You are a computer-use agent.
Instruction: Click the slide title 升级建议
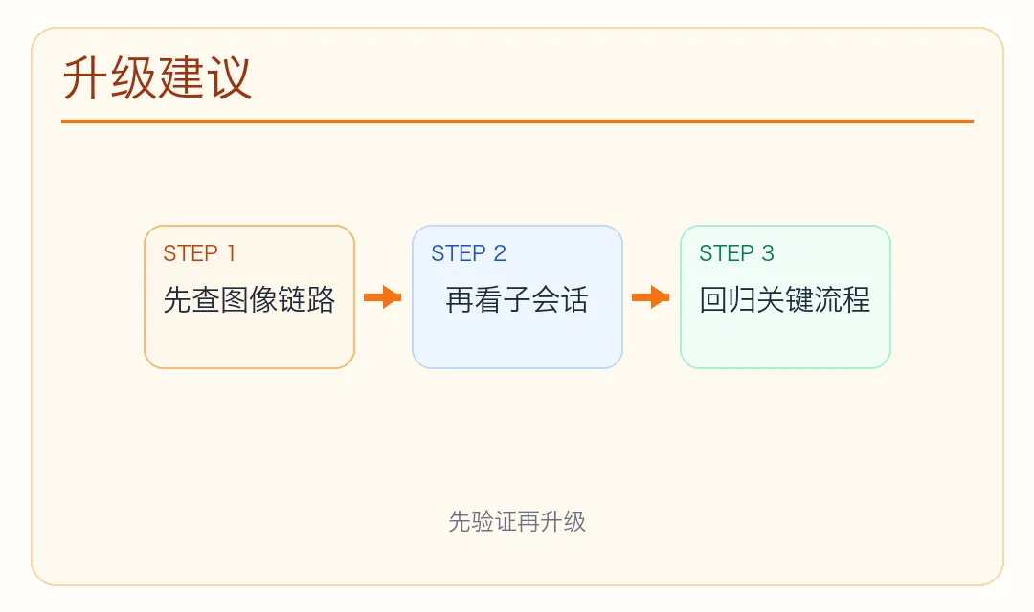(157, 78)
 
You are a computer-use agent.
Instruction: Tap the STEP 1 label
(199, 253)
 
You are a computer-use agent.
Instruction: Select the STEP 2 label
(468, 253)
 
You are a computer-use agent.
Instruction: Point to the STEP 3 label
(736, 253)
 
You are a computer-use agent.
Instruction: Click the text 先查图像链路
(249, 300)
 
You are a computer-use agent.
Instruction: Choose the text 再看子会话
(517, 300)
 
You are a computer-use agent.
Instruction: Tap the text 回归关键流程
(785, 300)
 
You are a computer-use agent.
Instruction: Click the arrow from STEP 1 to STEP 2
(383, 297)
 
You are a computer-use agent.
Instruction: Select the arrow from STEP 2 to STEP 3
(651, 297)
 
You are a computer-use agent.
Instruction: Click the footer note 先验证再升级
(517, 521)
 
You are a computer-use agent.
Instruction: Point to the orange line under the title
(517, 121)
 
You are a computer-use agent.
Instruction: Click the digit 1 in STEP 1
(230, 253)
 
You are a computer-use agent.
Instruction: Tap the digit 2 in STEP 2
(500, 253)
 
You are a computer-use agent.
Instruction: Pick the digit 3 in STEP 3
(768, 253)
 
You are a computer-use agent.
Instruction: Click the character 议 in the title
(229, 78)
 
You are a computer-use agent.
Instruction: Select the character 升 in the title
(86, 78)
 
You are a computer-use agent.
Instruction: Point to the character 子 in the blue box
(517, 300)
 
